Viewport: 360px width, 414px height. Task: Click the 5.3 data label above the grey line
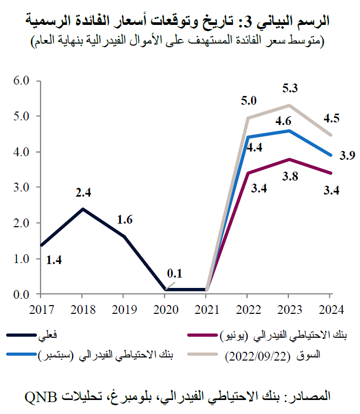(x=289, y=89)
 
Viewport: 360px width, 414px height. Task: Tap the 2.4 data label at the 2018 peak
(x=84, y=194)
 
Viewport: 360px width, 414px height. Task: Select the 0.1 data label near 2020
(x=175, y=273)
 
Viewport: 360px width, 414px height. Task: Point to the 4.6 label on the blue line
(x=283, y=121)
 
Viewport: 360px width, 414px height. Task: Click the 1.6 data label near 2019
(x=124, y=219)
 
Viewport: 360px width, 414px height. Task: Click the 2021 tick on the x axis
(x=206, y=310)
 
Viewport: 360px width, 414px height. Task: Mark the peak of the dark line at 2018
(x=82, y=209)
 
